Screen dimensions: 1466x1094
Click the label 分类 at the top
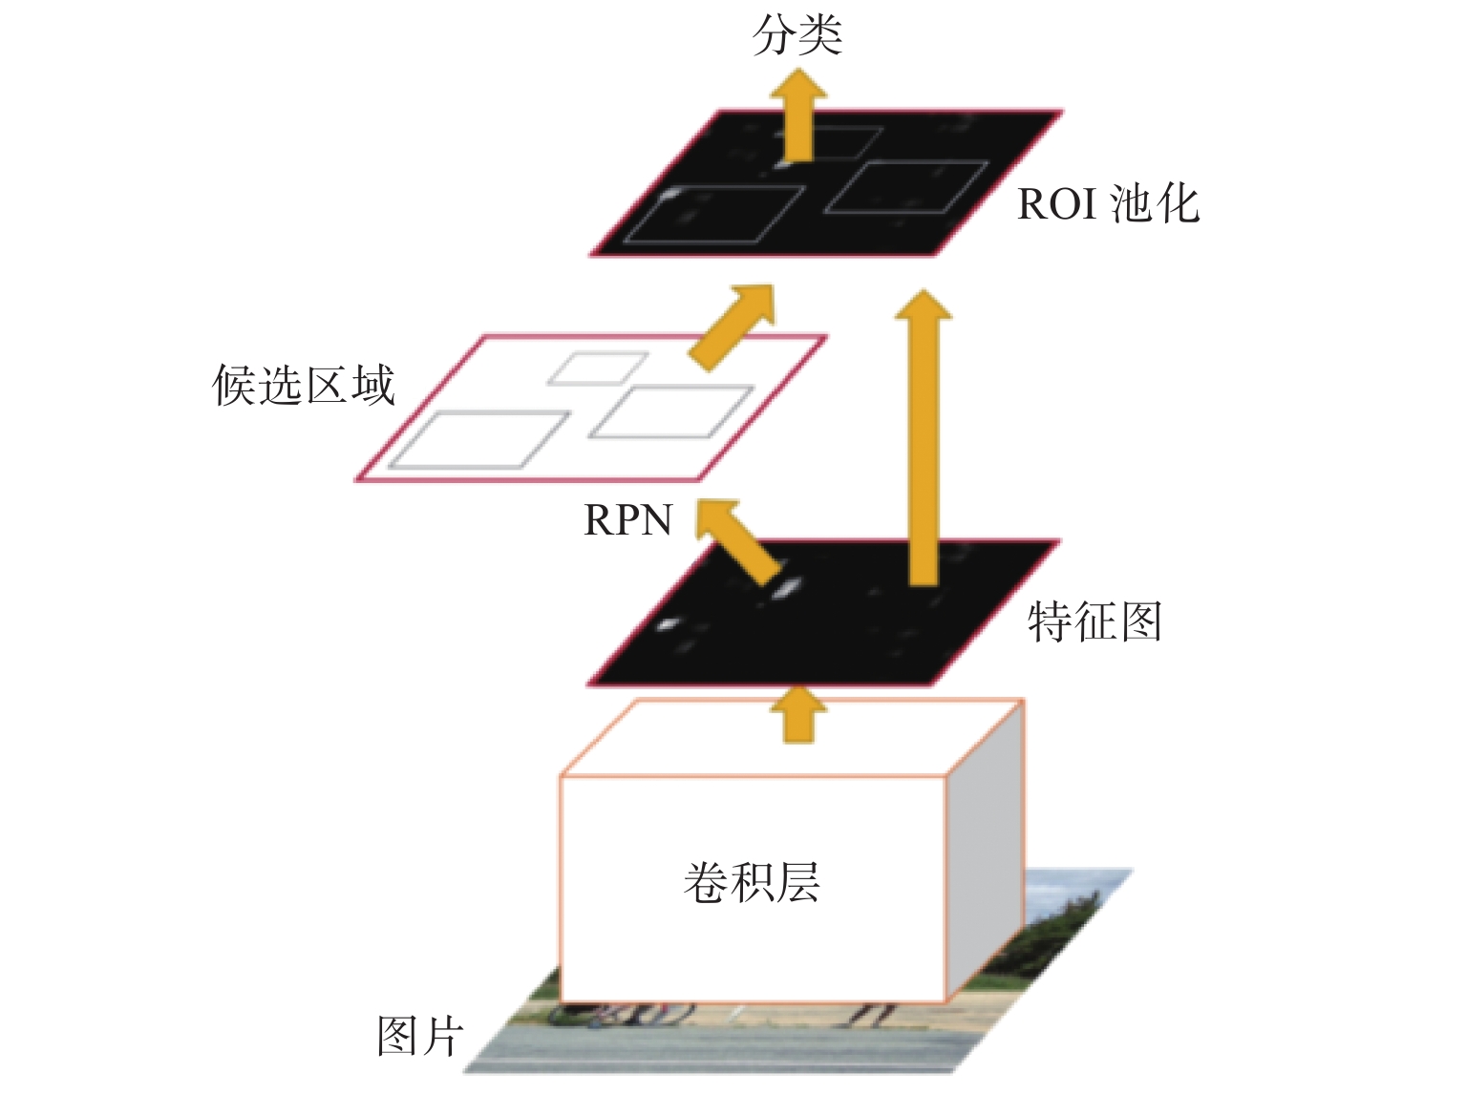797,34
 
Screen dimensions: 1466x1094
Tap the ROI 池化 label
1108,203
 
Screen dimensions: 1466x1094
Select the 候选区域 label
303,385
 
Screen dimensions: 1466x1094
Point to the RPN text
627,520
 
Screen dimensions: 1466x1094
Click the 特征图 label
1094,621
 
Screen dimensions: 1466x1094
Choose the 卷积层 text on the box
752,882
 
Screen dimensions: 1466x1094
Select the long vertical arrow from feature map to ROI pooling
924,438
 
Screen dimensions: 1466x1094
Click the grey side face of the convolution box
984,850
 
